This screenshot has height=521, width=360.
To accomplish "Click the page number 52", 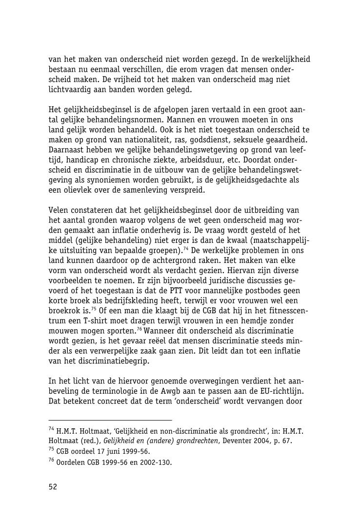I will (53, 487).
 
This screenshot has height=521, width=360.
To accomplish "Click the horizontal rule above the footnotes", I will (110, 420).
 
